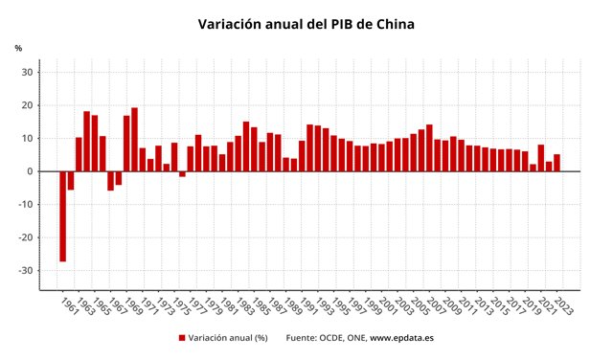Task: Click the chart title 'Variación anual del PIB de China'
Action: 306,24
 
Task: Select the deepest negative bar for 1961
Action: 63,215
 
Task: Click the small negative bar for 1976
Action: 182,174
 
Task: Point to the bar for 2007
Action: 429,148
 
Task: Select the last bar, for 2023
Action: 556,163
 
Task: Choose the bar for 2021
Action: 541,158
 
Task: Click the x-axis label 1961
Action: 68,306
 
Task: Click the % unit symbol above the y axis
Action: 18,48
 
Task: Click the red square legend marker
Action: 181,338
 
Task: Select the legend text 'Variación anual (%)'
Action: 227,338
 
